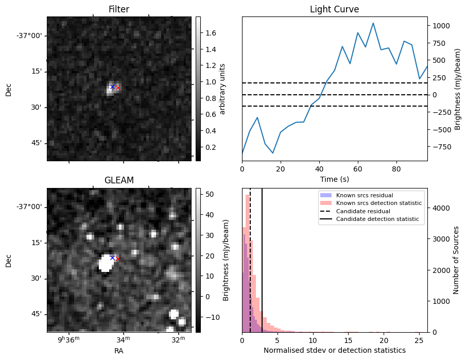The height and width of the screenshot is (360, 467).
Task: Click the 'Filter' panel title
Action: (x=119, y=9)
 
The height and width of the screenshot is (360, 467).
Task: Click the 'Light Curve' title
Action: (x=334, y=9)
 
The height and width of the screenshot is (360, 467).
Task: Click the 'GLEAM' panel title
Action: (x=119, y=180)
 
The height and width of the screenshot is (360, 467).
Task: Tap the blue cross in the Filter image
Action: (x=112, y=87)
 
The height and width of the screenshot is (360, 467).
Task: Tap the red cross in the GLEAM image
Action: (x=118, y=259)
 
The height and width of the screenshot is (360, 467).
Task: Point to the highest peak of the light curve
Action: (x=373, y=23)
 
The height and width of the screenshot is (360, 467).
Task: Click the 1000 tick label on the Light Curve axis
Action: (x=442, y=25)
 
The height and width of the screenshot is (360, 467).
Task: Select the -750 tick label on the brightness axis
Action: (x=442, y=147)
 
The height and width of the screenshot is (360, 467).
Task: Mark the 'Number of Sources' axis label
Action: (x=456, y=260)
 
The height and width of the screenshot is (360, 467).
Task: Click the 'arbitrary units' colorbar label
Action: (x=222, y=89)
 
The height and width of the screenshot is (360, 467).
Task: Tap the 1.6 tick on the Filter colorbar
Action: (x=211, y=33)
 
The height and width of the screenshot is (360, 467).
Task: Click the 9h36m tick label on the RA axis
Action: (x=68, y=339)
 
